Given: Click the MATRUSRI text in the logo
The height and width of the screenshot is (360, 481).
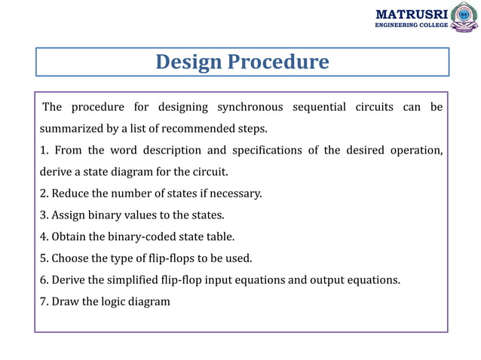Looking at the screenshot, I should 412,14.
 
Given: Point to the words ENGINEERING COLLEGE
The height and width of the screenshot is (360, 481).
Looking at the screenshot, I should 412,25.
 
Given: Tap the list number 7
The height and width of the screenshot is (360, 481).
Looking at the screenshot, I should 42,302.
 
